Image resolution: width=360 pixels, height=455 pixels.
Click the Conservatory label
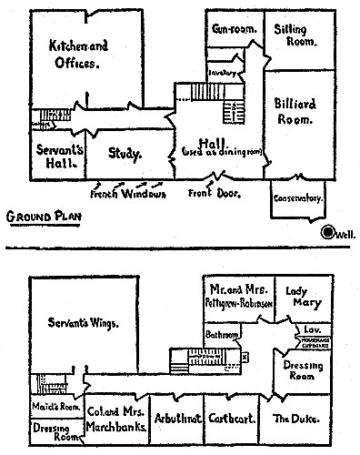coord(299,197)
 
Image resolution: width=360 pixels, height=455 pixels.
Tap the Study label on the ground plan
coord(125,154)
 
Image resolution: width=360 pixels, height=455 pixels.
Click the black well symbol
coord(329,232)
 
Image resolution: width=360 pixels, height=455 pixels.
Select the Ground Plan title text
coord(41,217)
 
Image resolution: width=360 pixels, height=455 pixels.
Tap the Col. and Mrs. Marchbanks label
coord(115,418)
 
